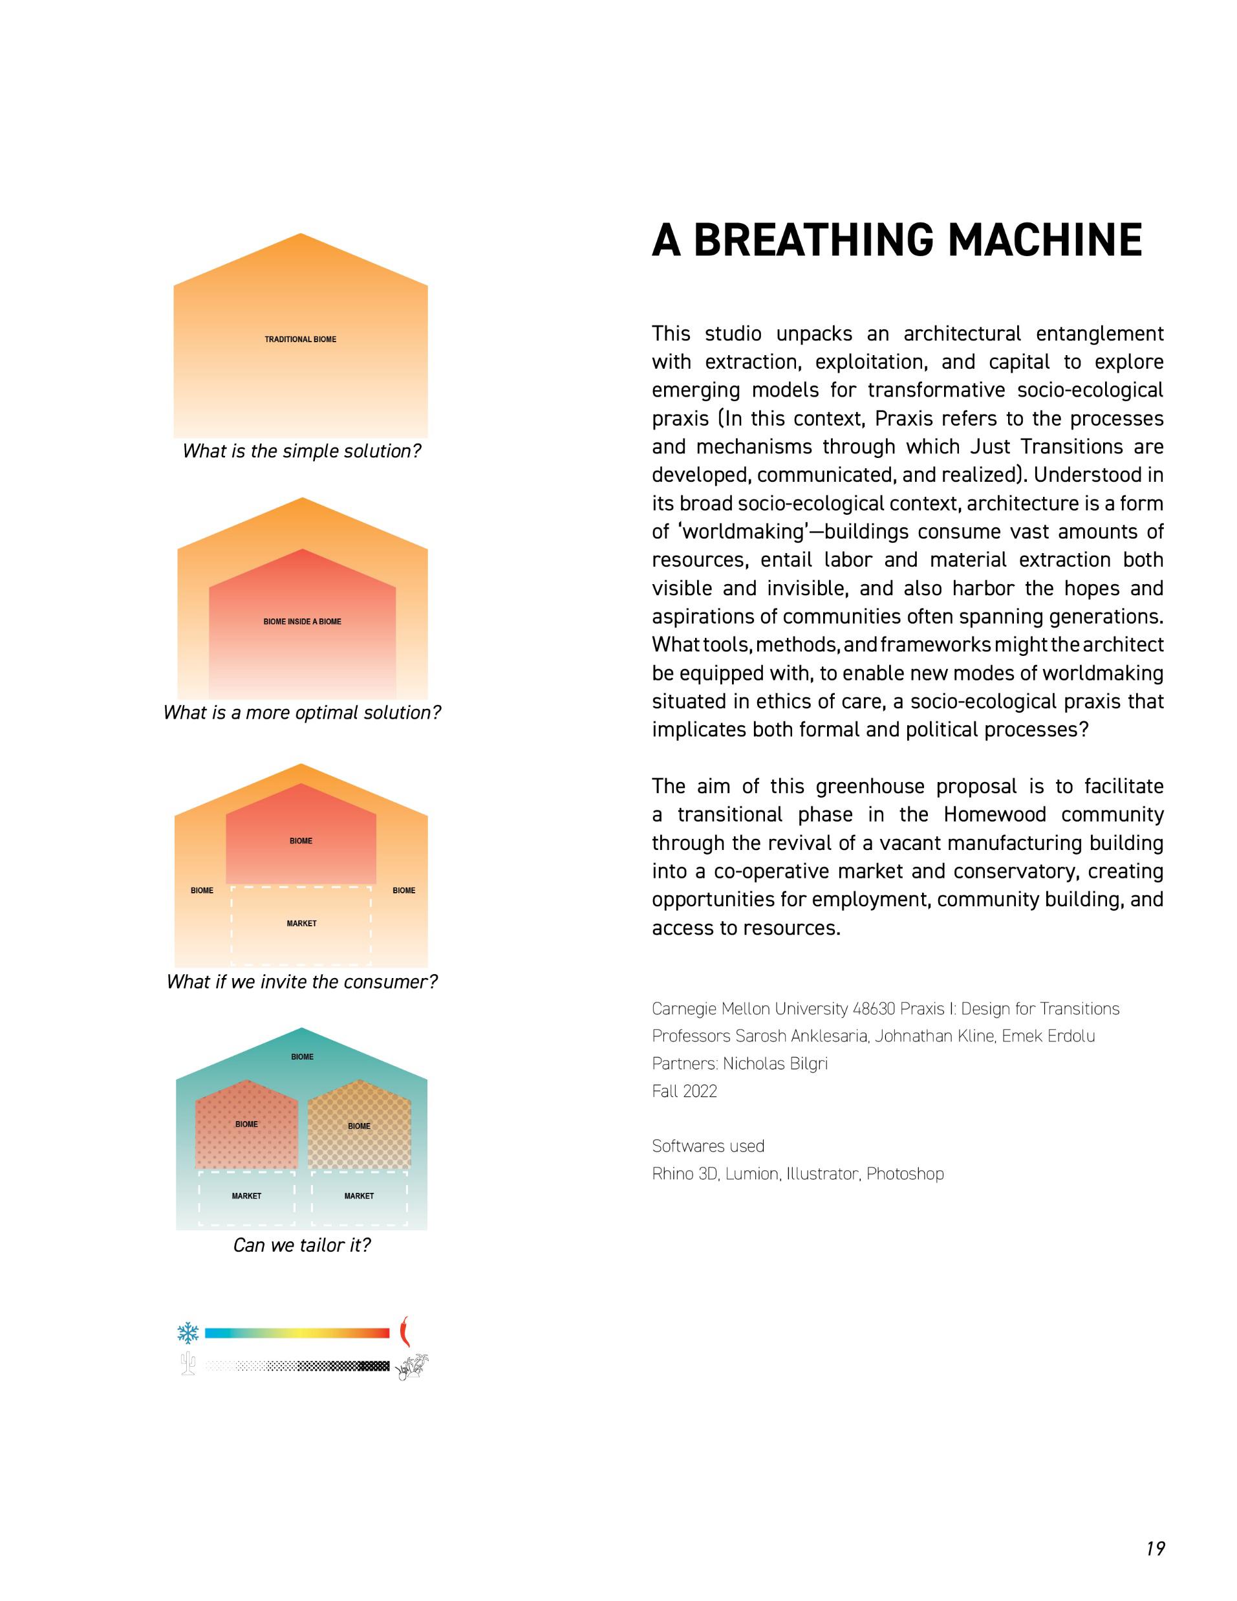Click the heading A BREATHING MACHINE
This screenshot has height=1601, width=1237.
896,241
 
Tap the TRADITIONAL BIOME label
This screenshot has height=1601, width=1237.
301,340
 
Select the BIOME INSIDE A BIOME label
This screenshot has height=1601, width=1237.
302,622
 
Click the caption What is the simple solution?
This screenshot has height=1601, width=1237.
302,451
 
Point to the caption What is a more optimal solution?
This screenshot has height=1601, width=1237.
302,713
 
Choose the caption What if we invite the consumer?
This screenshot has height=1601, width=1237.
302,981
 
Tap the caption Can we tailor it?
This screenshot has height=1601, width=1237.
302,1245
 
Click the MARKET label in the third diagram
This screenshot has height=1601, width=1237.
301,924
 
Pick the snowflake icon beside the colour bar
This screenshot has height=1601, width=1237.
188,1333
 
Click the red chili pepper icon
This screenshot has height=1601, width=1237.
403,1332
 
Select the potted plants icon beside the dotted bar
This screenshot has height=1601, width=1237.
411,1366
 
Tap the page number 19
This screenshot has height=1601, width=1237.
1156,1548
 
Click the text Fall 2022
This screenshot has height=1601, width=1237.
684,1091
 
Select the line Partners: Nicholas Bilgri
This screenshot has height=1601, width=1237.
739,1063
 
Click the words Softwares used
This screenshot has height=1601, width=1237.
708,1146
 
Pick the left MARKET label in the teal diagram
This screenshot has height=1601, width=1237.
246,1195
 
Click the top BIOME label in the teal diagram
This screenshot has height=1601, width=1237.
302,1057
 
